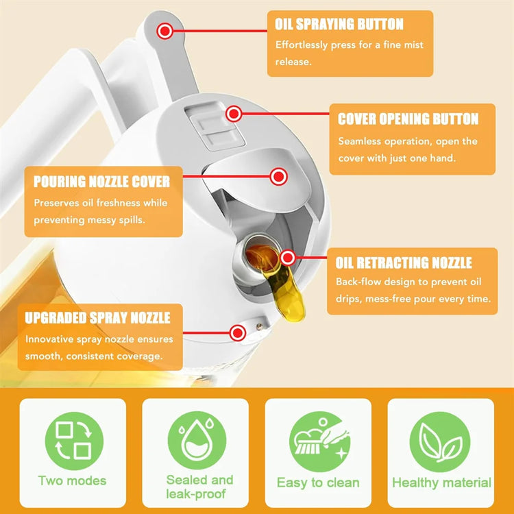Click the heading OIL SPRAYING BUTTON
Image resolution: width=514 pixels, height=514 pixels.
click(339, 25)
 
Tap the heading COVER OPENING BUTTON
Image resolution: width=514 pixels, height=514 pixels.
click(408, 119)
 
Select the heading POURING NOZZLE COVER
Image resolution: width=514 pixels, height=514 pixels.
click(101, 182)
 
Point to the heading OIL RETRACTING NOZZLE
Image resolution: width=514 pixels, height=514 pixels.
click(404, 263)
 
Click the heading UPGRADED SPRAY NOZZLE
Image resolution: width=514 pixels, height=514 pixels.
click(97, 318)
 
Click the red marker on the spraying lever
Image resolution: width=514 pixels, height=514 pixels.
click(164, 31)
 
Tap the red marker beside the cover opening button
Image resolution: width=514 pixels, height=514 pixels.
click(234, 114)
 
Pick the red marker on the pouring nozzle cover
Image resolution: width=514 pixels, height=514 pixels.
click(278, 177)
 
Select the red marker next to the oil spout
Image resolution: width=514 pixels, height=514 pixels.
click(288, 258)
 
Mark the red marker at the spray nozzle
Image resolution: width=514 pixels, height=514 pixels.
click(238, 334)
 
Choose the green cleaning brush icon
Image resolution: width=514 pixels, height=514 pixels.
click(318, 439)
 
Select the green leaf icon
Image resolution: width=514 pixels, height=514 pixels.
click(441, 439)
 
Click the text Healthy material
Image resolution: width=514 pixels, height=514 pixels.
click(441, 482)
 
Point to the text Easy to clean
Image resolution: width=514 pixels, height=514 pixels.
click(318, 482)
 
